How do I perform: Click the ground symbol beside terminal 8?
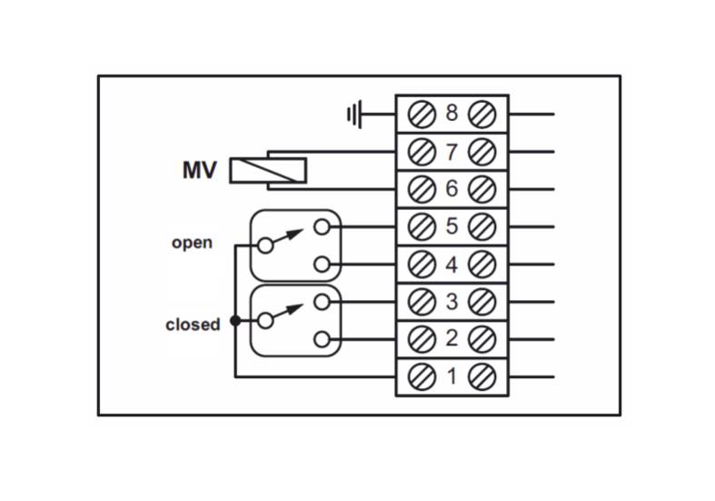[x=354, y=114]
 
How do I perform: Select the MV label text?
[x=199, y=171]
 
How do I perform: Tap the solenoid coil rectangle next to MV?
[x=268, y=171]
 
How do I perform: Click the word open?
[x=192, y=243]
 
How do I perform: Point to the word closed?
[x=193, y=325]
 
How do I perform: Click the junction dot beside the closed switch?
[x=235, y=321]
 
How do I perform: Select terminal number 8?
[x=452, y=113]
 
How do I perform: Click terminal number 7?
[x=452, y=152]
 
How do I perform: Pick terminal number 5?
[x=452, y=225]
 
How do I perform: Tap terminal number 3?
[x=452, y=302]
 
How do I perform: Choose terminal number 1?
[x=452, y=376]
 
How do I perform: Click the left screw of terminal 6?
[x=422, y=189]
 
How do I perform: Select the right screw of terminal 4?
[x=482, y=265]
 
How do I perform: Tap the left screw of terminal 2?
[x=422, y=339]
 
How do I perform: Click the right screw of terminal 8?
[x=482, y=114]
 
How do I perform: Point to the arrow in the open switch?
[x=288, y=235]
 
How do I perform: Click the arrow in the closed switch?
[x=288, y=311]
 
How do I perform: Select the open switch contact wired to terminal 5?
[x=322, y=226]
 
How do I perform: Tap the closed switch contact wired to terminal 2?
[x=322, y=339]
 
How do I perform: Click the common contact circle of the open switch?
[x=265, y=245]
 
